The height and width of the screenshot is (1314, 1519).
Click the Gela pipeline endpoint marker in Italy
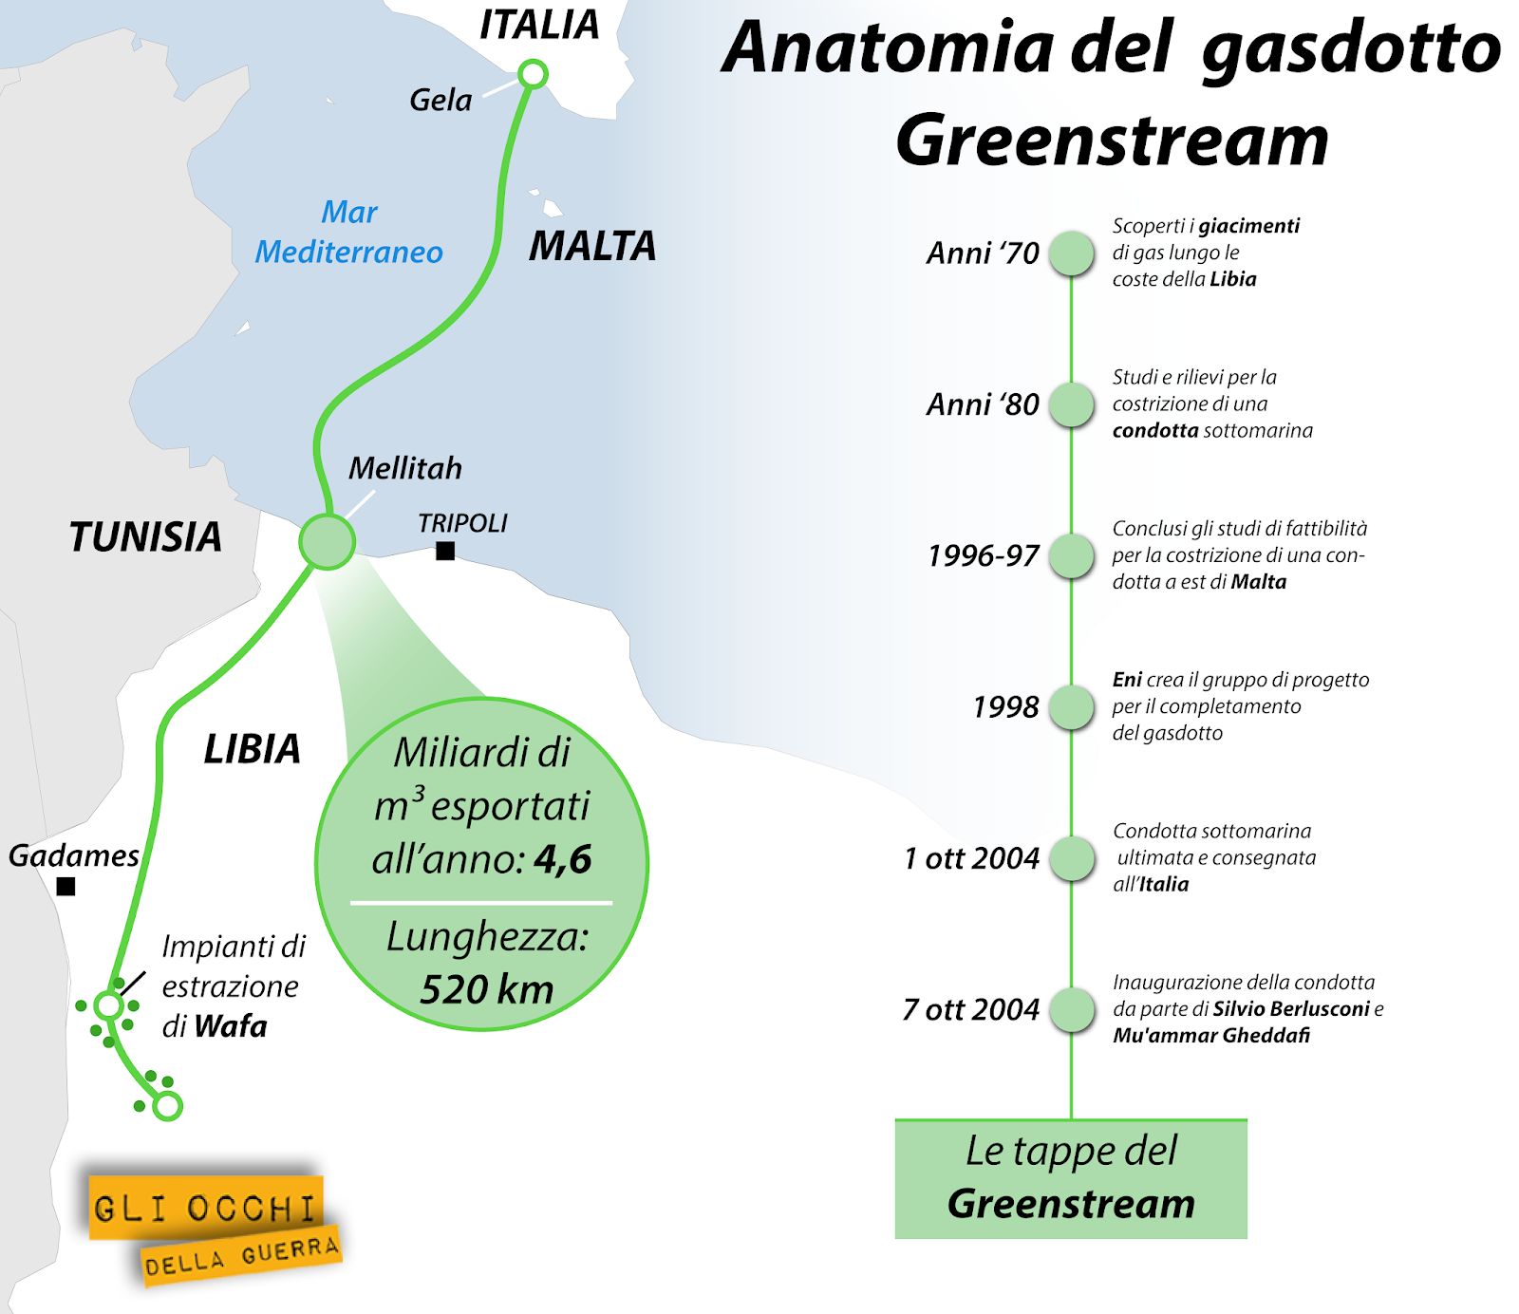click(x=534, y=74)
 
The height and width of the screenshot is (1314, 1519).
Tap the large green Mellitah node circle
click(x=328, y=542)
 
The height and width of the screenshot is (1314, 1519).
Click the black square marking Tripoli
click(x=445, y=551)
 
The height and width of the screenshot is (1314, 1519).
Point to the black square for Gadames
click(x=66, y=887)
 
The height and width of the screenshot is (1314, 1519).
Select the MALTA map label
click(x=592, y=247)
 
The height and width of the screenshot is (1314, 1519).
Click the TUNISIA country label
click(x=145, y=537)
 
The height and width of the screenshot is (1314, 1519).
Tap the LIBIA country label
click(x=252, y=750)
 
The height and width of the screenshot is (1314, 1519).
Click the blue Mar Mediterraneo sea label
click(x=348, y=233)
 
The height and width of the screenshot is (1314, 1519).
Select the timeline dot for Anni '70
click(x=1072, y=253)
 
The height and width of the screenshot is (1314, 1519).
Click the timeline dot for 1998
click(x=1072, y=707)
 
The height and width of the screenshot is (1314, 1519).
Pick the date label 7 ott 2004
click(x=970, y=1009)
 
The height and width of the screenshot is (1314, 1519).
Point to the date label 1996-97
click(x=983, y=555)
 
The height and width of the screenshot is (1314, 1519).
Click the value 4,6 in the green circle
click(x=563, y=859)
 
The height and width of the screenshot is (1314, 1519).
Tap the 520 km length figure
click(x=486, y=989)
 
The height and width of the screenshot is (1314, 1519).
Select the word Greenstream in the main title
click(x=1111, y=141)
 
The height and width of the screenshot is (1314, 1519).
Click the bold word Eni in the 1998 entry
click(x=1127, y=680)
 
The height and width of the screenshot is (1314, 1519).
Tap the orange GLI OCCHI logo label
click(x=205, y=1209)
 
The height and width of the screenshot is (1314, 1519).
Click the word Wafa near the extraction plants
click(x=230, y=1026)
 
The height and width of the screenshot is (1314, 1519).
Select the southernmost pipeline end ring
click(x=168, y=1106)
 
